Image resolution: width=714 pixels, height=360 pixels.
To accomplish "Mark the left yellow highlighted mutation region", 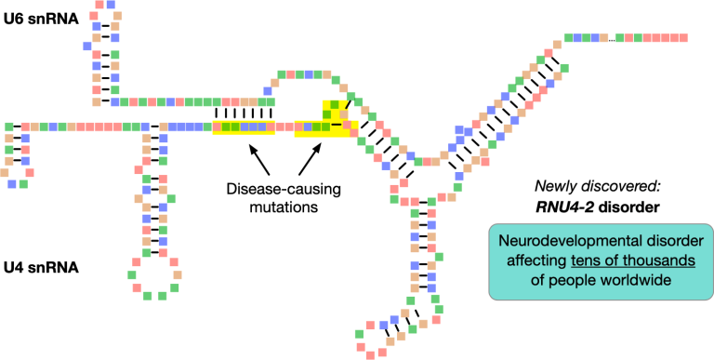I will click(x=244, y=127).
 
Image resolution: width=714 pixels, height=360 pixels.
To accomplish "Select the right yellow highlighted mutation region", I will click(x=325, y=121).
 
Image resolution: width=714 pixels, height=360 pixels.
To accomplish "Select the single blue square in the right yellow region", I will click(x=334, y=126).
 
